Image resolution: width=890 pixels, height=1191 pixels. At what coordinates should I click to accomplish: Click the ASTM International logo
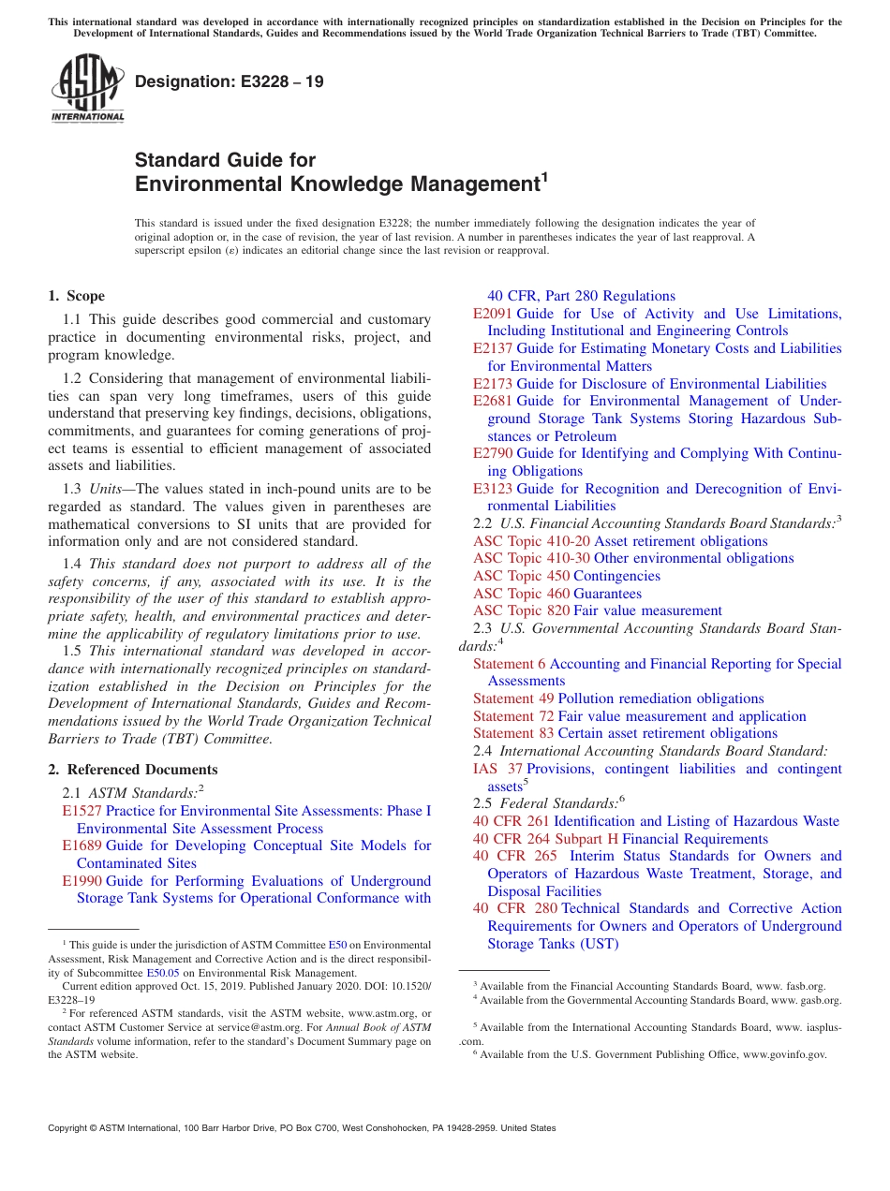(x=87, y=90)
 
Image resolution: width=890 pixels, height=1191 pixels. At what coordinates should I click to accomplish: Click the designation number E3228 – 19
(x=230, y=81)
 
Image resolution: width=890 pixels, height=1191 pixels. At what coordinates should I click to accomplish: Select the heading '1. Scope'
(x=76, y=296)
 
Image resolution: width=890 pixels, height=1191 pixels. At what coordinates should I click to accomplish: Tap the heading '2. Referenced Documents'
(x=132, y=770)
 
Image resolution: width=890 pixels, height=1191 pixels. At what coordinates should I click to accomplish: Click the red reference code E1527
(x=82, y=811)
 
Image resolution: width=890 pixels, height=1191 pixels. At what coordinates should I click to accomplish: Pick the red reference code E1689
(x=82, y=845)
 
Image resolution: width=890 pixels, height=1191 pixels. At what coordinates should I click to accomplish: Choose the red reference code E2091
(x=493, y=314)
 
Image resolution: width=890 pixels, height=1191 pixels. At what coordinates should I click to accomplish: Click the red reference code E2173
(x=493, y=384)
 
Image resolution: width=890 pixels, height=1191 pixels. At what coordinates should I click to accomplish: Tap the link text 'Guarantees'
(x=607, y=594)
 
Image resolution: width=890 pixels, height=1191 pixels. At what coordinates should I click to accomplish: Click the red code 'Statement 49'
(x=513, y=698)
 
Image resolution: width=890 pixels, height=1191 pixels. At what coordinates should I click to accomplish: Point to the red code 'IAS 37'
(x=497, y=769)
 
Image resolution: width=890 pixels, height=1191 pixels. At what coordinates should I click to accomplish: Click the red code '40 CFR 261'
(x=512, y=821)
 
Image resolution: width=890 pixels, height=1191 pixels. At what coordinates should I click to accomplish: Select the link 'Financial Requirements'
(x=695, y=839)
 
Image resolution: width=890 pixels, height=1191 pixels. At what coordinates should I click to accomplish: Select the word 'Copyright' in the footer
(x=72, y=1128)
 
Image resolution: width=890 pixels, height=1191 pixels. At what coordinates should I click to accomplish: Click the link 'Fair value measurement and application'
(x=682, y=716)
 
